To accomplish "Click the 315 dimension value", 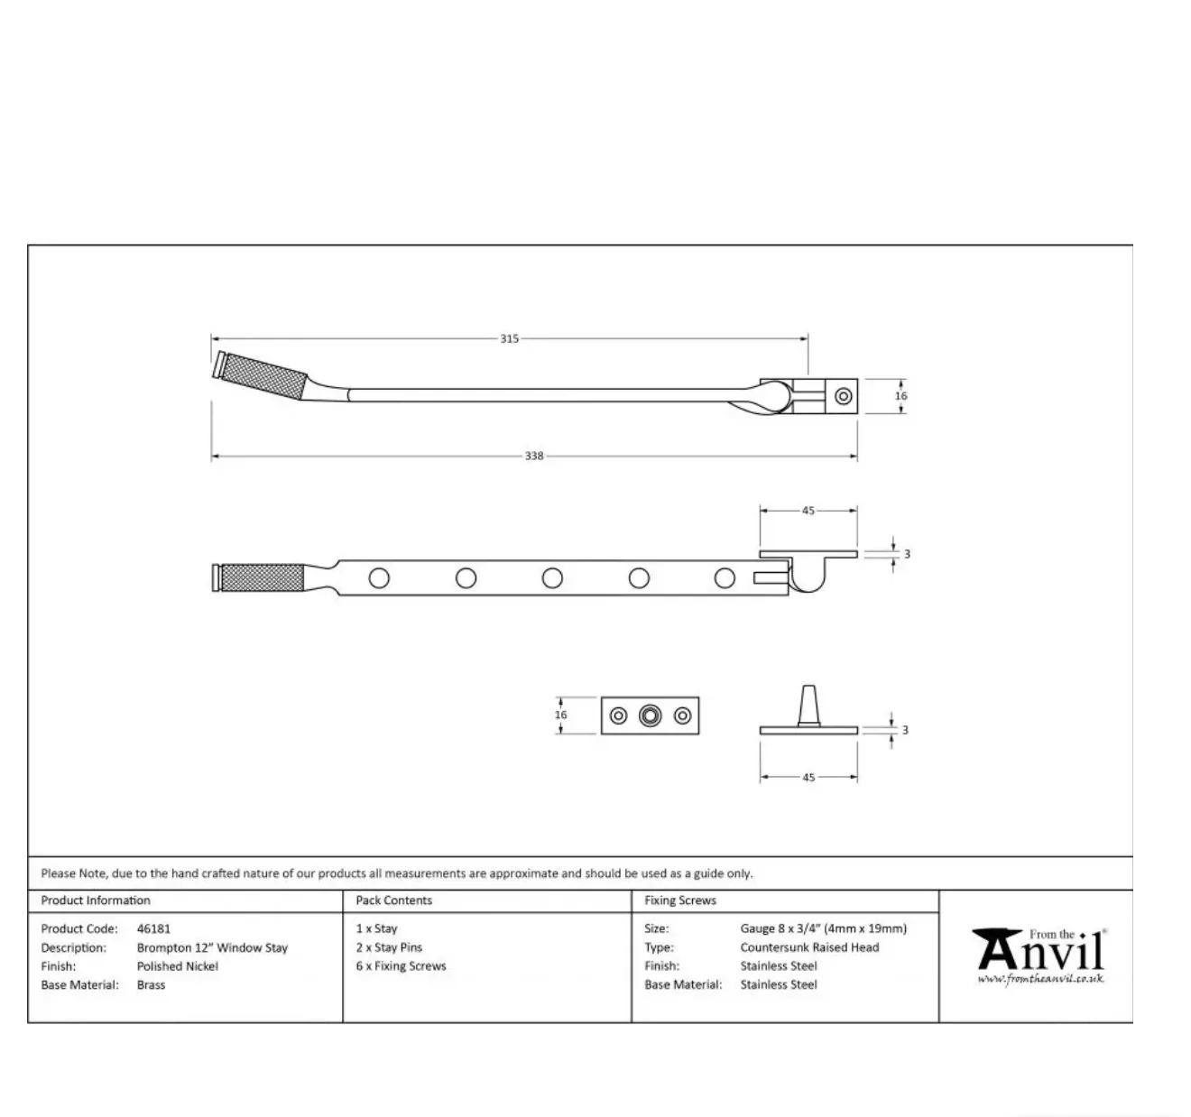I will tap(509, 339).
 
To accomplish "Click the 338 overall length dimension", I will tap(534, 457).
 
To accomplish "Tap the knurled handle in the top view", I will tap(267, 375).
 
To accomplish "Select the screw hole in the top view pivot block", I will tap(844, 396).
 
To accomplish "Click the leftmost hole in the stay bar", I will tap(379, 577).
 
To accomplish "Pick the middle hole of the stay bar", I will tap(552, 577).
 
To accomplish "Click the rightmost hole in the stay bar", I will tap(725, 577).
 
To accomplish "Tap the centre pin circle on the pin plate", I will tap(650, 715).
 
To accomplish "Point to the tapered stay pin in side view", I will tap(808, 706).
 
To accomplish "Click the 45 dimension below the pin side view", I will tap(808, 777).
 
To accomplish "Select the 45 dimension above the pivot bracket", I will tap(808, 511).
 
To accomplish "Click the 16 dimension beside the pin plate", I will tap(561, 715).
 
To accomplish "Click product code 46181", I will tap(153, 928).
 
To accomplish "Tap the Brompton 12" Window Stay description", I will tap(212, 947).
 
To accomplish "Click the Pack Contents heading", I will tap(393, 900).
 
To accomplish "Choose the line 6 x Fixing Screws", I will tap(401, 966).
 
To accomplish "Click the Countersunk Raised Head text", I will tap(809, 947).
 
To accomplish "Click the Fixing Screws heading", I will tap(679, 900).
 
